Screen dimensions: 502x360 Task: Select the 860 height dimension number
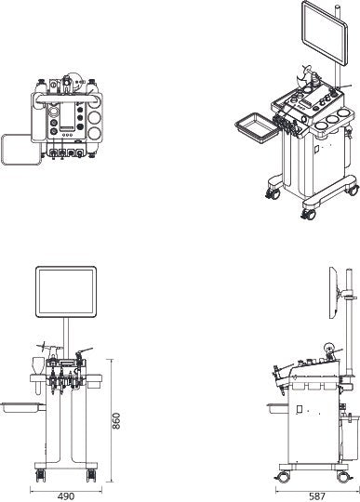[116, 420]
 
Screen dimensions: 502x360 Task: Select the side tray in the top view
[18, 150]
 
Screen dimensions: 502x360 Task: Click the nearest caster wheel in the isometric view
[308, 215]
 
